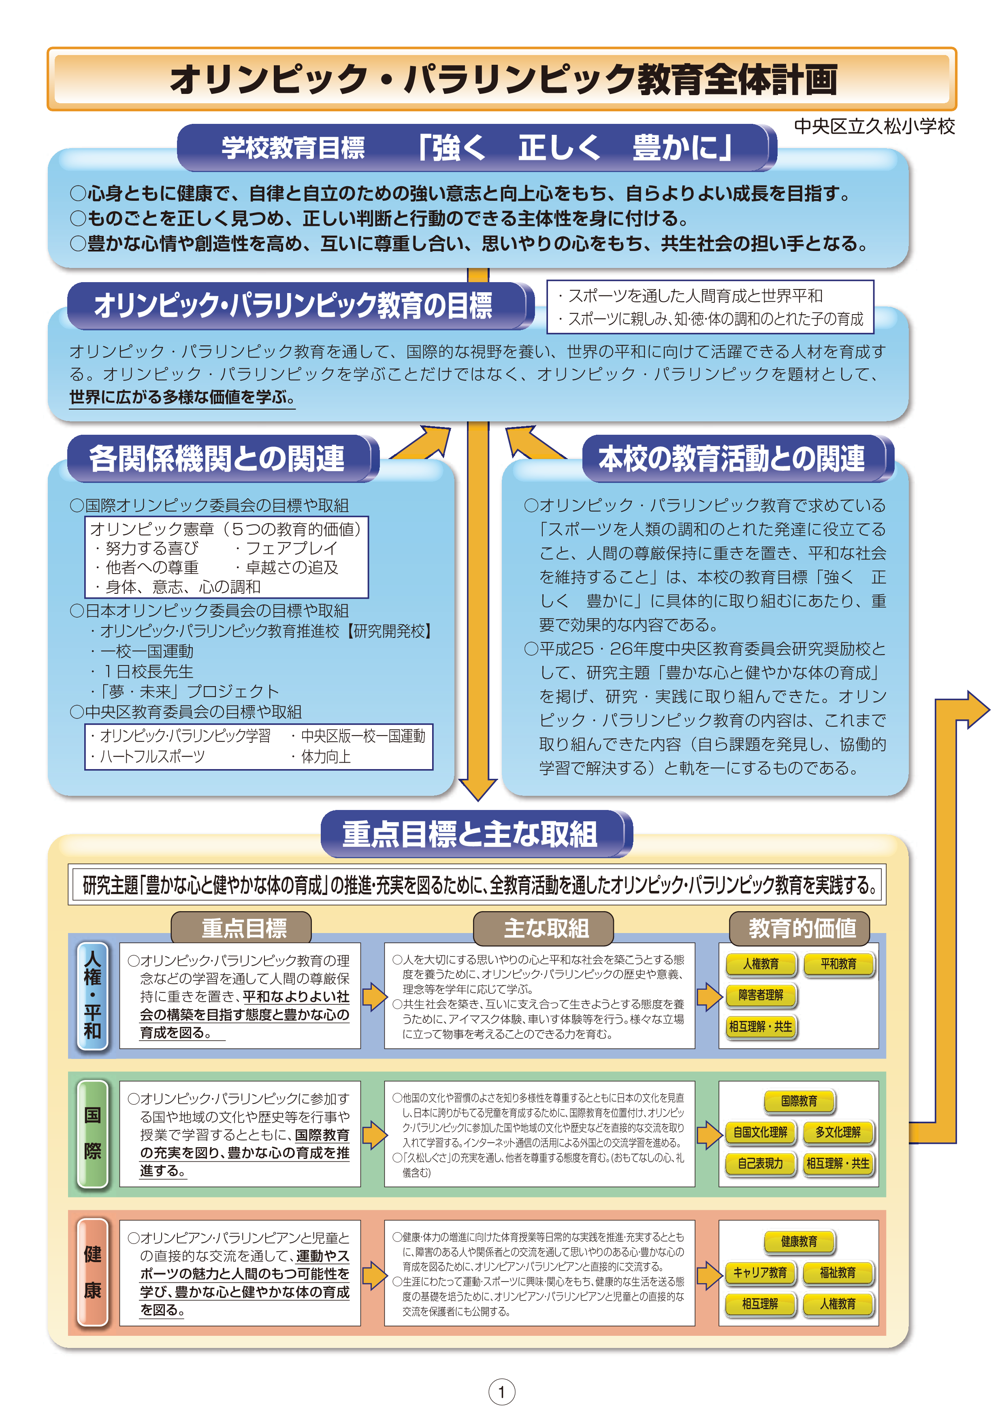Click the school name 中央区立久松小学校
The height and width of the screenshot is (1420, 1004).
874,127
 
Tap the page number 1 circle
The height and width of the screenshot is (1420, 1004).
502,1392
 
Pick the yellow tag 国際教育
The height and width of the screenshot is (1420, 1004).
799,1101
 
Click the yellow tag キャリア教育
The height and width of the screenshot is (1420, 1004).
760,1273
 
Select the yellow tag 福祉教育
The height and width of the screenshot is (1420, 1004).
838,1273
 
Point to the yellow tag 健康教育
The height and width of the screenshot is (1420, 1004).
799,1241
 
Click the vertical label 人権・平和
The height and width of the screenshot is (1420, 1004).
93,996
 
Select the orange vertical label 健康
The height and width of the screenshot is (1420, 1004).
93,1273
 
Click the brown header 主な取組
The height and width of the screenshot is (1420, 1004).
544,928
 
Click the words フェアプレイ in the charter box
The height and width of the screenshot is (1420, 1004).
292,548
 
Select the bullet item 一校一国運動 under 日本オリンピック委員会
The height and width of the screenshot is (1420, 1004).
147,651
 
